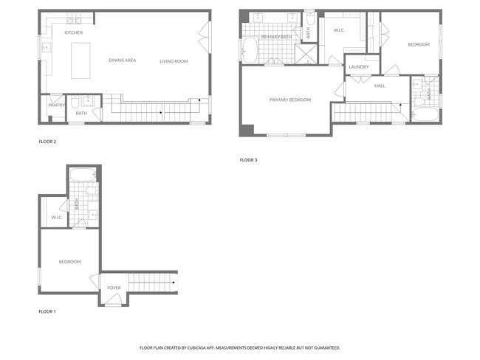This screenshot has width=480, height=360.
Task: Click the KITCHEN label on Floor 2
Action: (x=74, y=33)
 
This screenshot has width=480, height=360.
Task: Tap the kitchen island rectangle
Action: (x=80, y=60)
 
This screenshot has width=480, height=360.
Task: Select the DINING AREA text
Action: (x=122, y=60)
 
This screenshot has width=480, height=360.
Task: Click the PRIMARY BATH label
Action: (x=276, y=36)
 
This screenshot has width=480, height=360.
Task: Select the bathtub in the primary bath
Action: (x=249, y=50)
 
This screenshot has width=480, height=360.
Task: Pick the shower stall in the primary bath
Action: (x=306, y=54)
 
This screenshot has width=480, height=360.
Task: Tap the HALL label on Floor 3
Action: (x=380, y=86)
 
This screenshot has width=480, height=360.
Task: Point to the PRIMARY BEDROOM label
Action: (x=289, y=100)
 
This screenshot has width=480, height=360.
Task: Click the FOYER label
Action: (x=114, y=288)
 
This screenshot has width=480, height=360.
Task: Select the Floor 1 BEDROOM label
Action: (x=69, y=261)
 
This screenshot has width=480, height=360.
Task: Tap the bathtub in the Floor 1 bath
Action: (x=83, y=176)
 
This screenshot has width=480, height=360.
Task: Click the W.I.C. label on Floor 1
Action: (x=56, y=217)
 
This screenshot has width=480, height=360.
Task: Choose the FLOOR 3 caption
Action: (x=248, y=159)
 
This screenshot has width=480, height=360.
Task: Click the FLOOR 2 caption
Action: (x=47, y=141)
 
